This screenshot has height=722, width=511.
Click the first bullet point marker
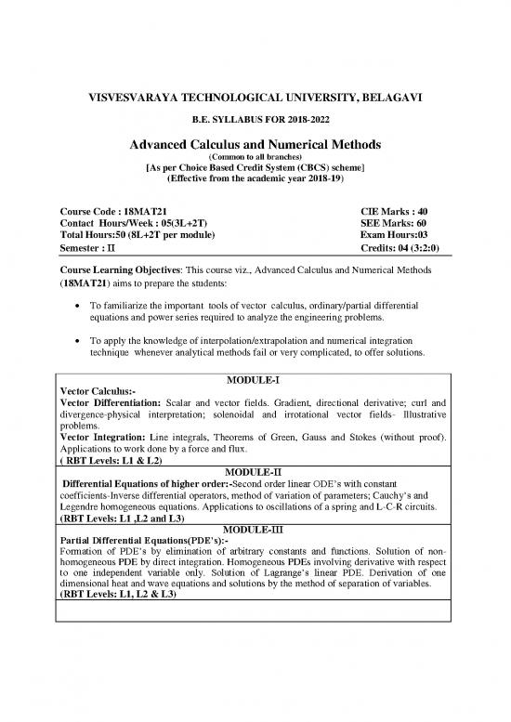72,306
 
